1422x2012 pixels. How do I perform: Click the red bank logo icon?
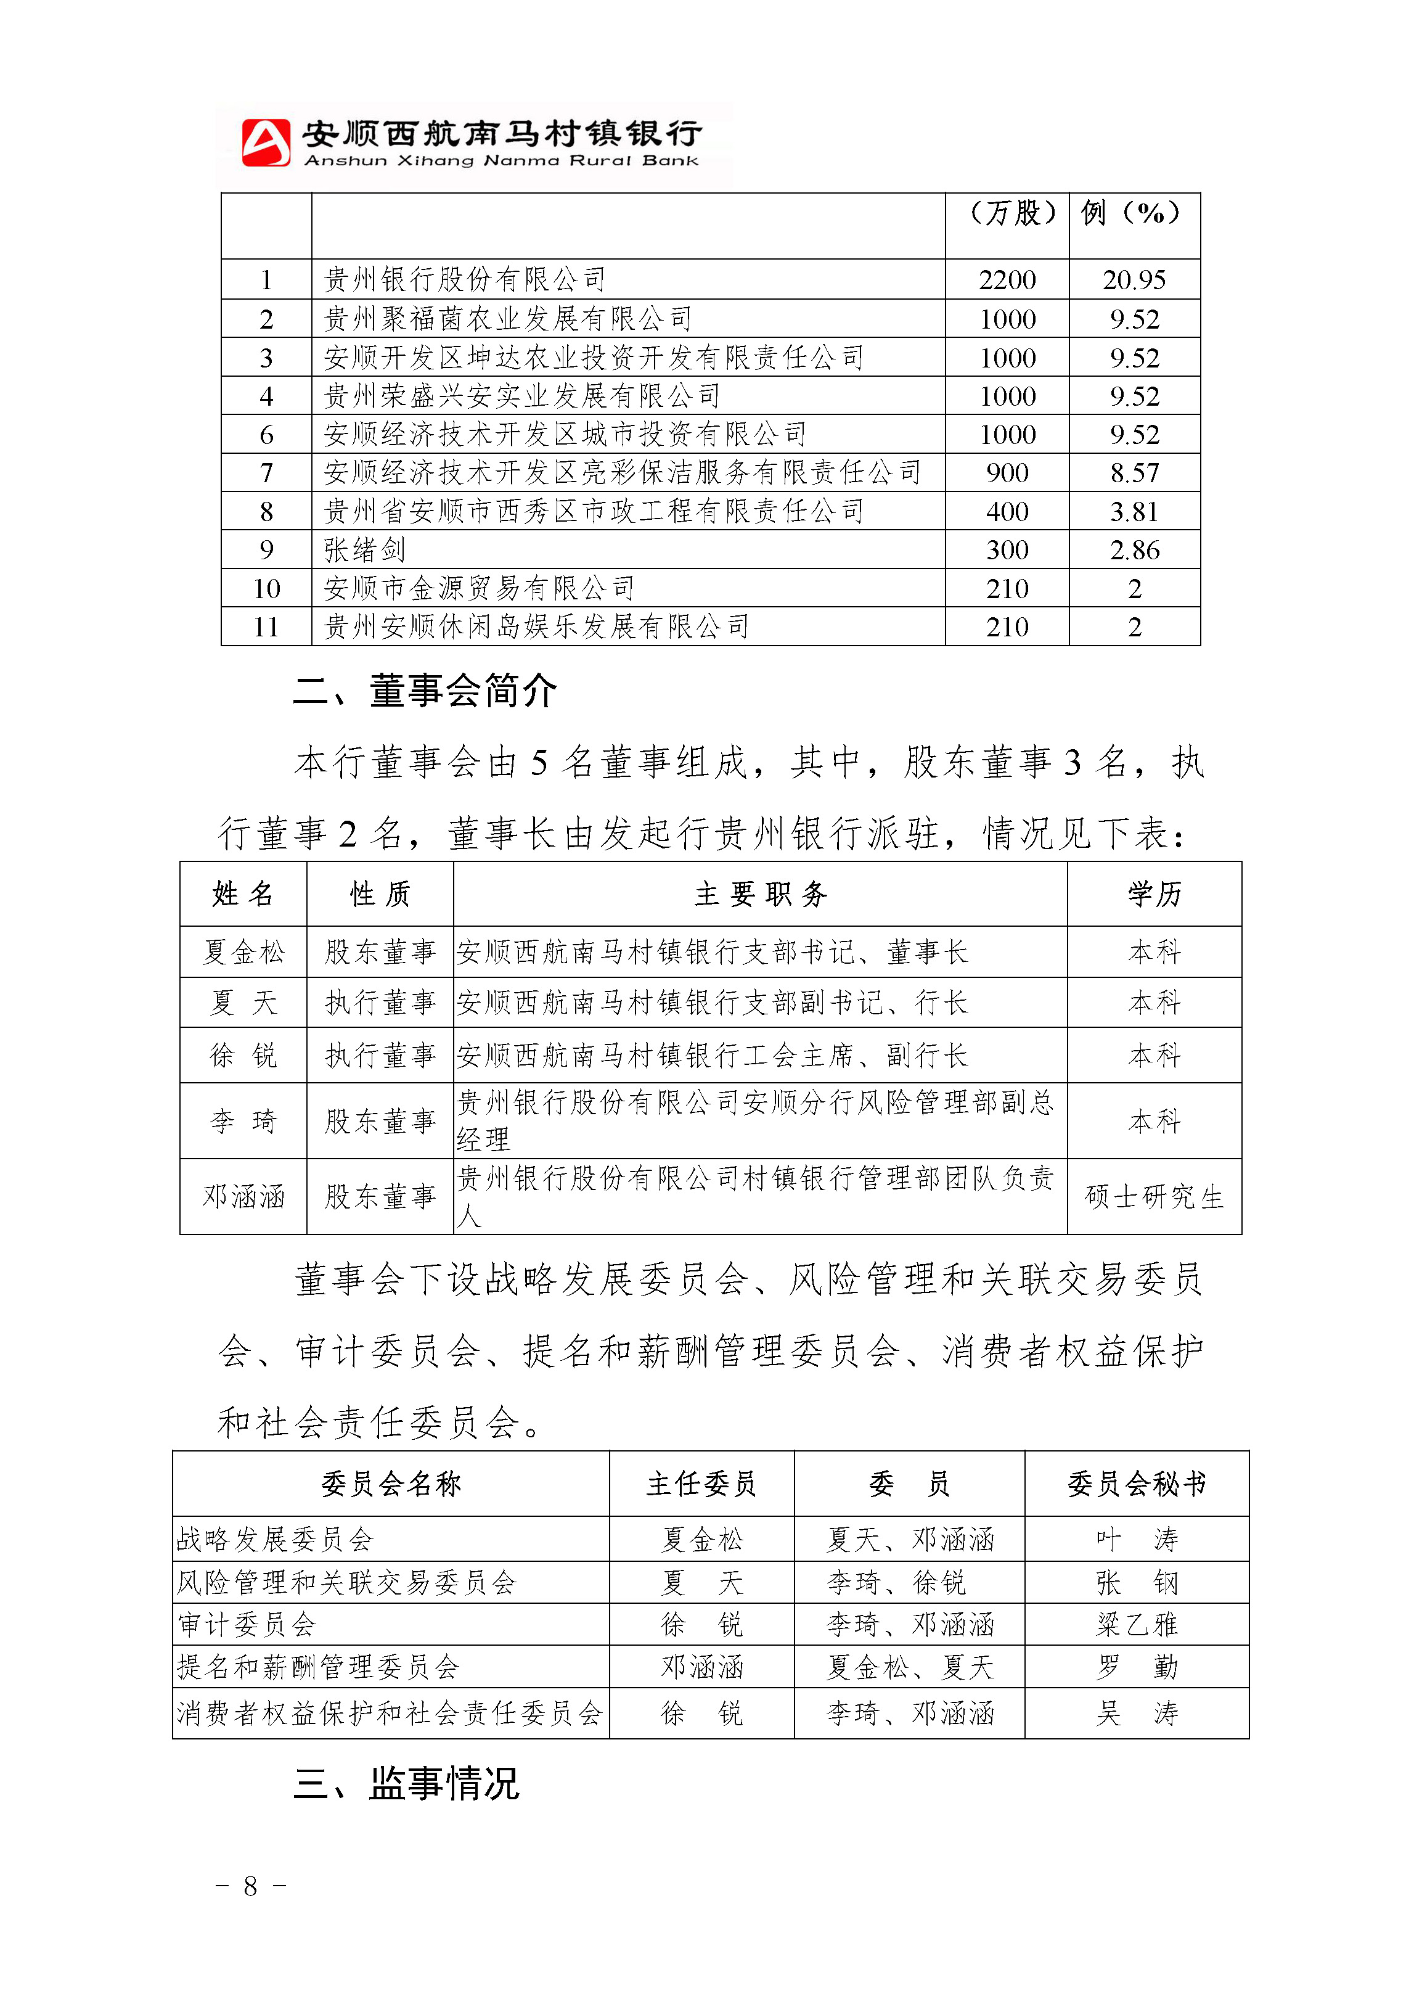tap(266, 142)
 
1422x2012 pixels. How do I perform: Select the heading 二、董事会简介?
tap(425, 691)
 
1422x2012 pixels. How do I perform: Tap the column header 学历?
tap(1154, 894)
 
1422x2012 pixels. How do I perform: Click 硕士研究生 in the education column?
tap(1154, 1197)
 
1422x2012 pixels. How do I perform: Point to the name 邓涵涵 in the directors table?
tap(243, 1197)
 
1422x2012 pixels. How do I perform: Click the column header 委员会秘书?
tap(1137, 1484)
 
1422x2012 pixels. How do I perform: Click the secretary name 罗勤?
tap(1137, 1667)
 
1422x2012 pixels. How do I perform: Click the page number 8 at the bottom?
tap(251, 1886)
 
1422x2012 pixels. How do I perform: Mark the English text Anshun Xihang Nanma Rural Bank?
tap(501, 161)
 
